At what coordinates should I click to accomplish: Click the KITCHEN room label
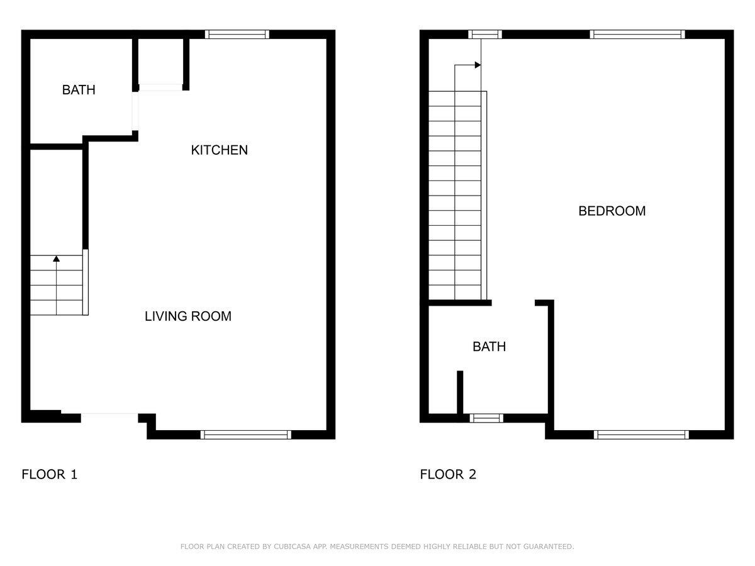tap(219, 150)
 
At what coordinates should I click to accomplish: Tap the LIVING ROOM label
tap(187, 316)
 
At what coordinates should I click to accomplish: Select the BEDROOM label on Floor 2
tap(612, 211)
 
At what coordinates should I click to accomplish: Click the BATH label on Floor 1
tap(79, 90)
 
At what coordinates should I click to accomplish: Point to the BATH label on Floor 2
tap(489, 347)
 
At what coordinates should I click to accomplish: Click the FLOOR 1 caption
tap(50, 474)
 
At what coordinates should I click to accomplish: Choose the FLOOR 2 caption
tap(448, 474)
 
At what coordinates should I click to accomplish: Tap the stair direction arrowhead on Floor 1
tap(57, 258)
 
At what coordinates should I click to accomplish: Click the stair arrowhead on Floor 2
tap(478, 65)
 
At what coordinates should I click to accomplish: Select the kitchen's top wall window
tap(237, 35)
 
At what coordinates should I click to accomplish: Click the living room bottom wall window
tap(246, 435)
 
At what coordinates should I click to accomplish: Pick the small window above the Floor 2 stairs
tap(485, 35)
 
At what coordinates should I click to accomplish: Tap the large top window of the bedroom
tap(637, 35)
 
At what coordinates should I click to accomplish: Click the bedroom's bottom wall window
tap(642, 435)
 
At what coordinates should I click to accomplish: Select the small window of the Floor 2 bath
tap(486, 418)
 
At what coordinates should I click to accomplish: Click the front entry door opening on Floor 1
tap(109, 416)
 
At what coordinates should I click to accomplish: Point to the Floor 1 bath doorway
tap(135, 111)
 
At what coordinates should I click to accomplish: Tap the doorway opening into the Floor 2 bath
tap(513, 302)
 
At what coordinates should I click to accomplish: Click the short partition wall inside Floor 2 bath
tap(460, 392)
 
